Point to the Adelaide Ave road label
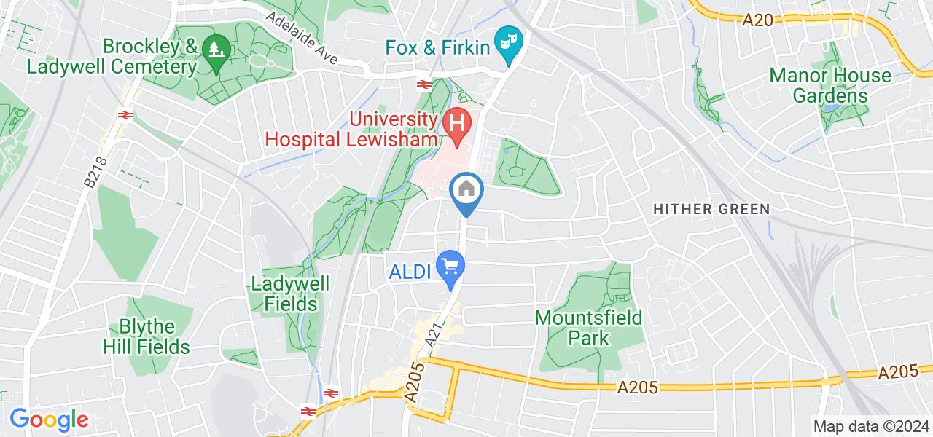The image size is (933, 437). (x=302, y=38)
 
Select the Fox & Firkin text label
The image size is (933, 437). (x=437, y=47)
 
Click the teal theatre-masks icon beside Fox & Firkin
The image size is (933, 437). (x=506, y=46)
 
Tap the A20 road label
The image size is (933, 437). (x=758, y=21)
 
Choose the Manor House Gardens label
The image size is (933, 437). (x=820, y=85)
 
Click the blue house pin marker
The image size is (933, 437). (x=466, y=192)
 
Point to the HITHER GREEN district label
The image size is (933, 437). (x=711, y=210)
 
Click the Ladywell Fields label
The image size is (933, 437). (x=290, y=294)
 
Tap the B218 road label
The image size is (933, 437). (x=93, y=173)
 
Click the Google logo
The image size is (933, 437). (x=49, y=420)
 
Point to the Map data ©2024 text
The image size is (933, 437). (x=871, y=426)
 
